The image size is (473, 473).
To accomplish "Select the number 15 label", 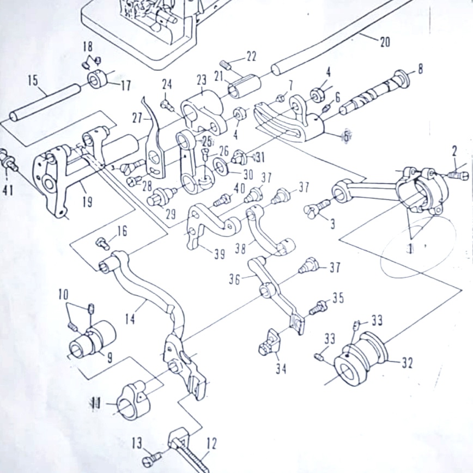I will (33, 81).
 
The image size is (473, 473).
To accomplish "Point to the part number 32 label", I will (407, 363).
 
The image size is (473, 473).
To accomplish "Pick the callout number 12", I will (211, 444).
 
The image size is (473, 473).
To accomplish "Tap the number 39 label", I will (219, 254).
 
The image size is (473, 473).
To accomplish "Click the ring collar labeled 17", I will (100, 82).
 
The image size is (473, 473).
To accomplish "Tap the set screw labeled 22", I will (227, 66).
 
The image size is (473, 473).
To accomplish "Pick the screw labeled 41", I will (9, 160).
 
